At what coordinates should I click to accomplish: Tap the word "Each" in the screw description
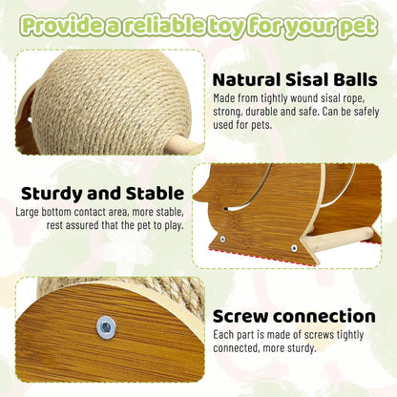(224, 335)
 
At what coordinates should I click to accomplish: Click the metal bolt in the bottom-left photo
(106, 326)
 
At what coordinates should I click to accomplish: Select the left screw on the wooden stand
(222, 239)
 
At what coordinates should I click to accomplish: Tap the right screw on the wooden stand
(294, 247)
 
